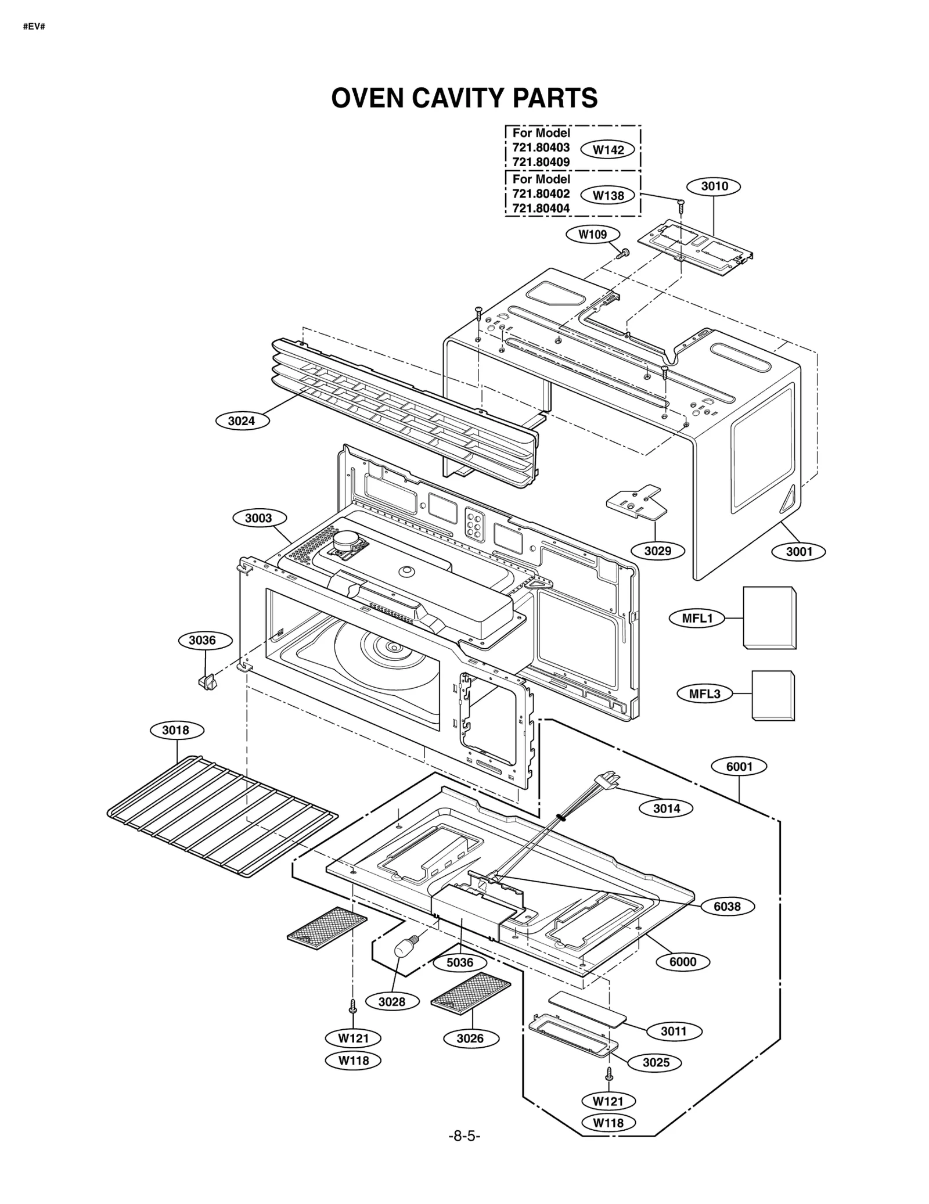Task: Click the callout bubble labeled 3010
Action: coord(714,186)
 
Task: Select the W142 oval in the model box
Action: coord(607,150)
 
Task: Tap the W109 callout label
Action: coord(592,235)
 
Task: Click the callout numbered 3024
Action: coord(242,420)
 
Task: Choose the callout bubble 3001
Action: coord(799,551)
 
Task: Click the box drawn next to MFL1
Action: coord(769,618)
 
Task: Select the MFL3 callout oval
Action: coord(704,693)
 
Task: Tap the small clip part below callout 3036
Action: coord(207,681)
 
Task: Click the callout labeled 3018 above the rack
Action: coord(176,730)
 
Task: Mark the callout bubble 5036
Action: coord(459,962)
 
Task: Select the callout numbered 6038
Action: coord(726,906)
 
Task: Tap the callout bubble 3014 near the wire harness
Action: coord(666,808)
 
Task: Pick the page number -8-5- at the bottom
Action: coord(464,1135)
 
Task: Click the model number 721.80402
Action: coord(541,194)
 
